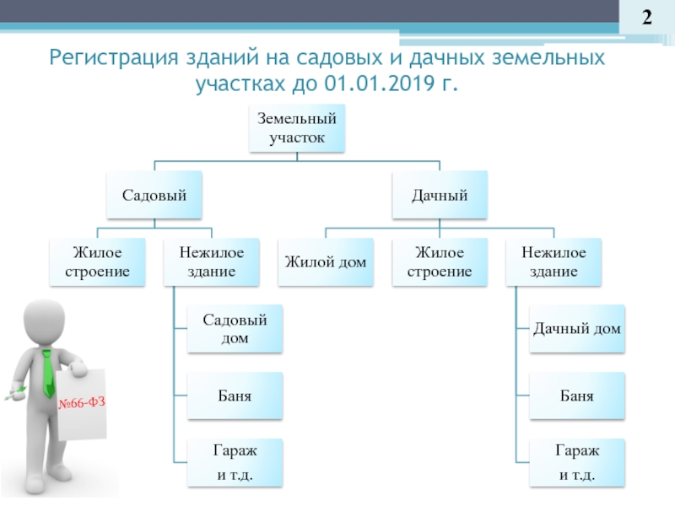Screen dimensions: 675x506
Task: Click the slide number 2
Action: click(646, 18)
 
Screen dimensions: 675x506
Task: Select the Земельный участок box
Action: click(297, 128)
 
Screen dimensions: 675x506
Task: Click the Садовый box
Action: click(154, 195)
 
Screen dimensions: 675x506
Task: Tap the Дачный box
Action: click(440, 195)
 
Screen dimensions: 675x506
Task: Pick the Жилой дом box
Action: click(326, 262)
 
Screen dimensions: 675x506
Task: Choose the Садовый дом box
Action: click(235, 329)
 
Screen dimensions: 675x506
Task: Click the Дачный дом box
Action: click(577, 329)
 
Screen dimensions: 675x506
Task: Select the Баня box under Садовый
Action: click(235, 396)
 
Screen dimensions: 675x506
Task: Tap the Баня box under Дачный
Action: click(577, 396)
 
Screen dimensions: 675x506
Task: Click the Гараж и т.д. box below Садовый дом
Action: click(235, 463)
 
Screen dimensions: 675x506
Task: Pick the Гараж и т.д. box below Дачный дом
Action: click(577, 463)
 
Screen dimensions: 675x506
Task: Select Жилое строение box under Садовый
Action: click(97, 262)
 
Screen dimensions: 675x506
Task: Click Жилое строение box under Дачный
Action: click(440, 262)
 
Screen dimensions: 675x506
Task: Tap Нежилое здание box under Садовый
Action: click(212, 262)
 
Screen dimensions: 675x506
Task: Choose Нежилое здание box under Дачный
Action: click(553, 262)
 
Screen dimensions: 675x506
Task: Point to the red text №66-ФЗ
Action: click(82, 403)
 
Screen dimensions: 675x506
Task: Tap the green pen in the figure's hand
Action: click(15, 394)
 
